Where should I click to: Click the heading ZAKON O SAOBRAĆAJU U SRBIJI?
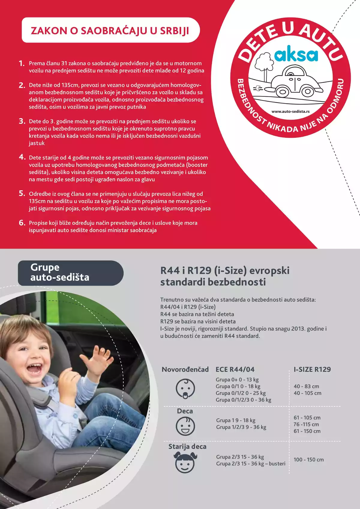coord(110,31)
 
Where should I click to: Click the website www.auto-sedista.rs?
coord(290,111)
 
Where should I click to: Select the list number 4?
coord(22,157)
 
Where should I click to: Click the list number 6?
coord(22,223)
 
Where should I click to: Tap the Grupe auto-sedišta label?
coord(60,272)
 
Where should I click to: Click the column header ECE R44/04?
coord(235,369)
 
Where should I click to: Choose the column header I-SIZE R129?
coord(312,369)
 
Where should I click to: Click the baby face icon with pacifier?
coord(185,389)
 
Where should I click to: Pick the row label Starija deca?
coord(187,447)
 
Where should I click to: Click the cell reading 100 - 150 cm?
coord(308,459)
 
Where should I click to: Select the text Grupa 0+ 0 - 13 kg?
coord(237,380)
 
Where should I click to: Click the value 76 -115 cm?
coord(306,424)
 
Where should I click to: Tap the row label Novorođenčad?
coord(185,369)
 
